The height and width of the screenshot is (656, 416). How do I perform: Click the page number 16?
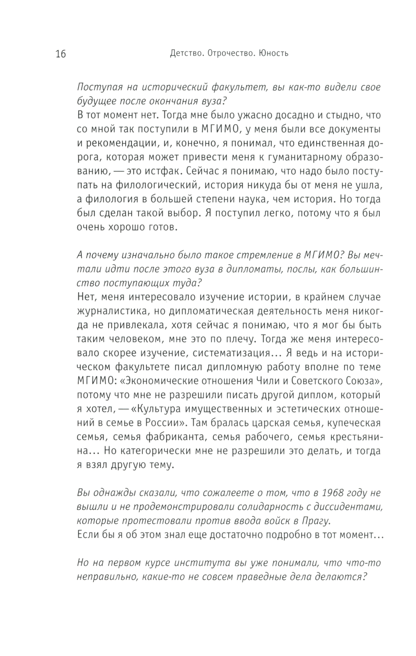[x=61, y=54]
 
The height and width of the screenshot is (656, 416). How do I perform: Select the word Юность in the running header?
[x=273, y=54]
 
